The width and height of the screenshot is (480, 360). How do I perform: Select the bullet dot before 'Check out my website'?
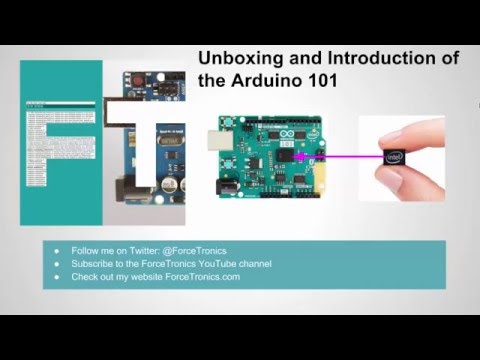pyautogui.click(x=56, y=277)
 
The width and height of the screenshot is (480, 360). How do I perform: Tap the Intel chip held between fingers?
pyautogui.click(x=392, y=156)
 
